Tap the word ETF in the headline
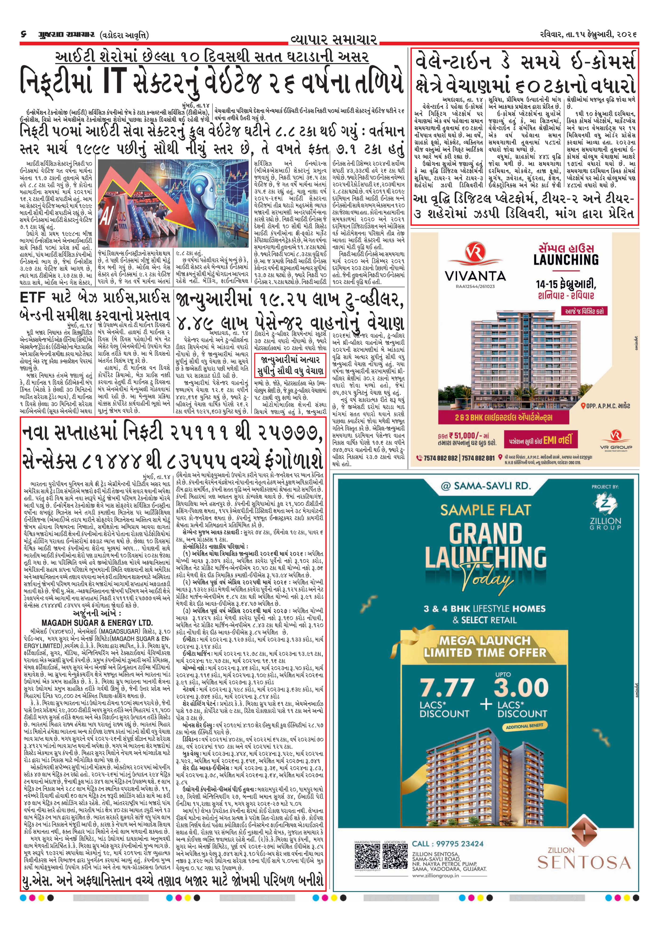[32, 298]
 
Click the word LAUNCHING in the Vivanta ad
[566, 260]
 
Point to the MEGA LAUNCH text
[484, 641]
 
